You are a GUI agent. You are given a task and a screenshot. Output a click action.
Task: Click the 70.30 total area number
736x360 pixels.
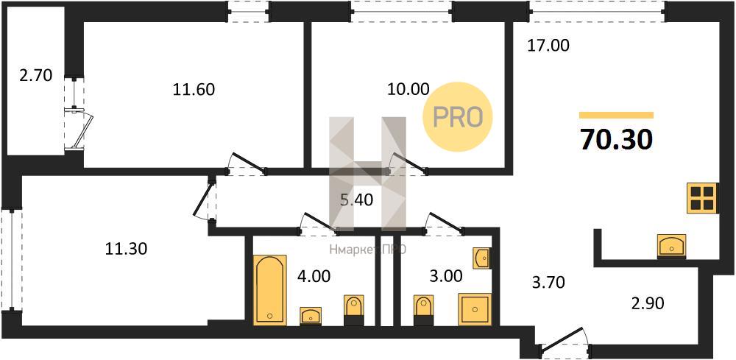[x=616, y=139]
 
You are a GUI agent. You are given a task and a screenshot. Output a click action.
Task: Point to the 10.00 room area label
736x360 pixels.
[x=408, y=88]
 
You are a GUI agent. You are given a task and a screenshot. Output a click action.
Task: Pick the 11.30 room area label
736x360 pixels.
[x=126, y=249]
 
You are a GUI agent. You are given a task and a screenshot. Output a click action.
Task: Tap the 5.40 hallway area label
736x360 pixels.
[x=357, y=200]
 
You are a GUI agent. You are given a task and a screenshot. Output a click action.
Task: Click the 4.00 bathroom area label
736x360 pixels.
[x=314, y=276]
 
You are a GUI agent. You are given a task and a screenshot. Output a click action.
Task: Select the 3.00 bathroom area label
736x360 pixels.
[x=446, y=275]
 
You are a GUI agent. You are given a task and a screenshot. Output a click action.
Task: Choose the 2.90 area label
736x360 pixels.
[x=647, y=303]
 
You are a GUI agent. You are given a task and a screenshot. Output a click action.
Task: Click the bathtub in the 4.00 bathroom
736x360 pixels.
[x=270, y=289]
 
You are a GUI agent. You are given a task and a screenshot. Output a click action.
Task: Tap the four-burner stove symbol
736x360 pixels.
[x=701, y=198]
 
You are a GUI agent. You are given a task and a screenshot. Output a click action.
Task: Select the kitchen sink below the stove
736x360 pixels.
[x=672, y=245]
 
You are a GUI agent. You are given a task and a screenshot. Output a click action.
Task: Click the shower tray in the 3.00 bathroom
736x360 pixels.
[x=475, y=309]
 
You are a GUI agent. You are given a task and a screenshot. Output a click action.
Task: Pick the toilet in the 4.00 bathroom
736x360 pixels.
[x=353, y=310]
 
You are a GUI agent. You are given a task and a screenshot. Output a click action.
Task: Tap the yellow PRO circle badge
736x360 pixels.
[x=458, y=116]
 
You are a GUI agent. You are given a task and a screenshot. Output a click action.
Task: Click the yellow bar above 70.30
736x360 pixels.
[x=616, y=115]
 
